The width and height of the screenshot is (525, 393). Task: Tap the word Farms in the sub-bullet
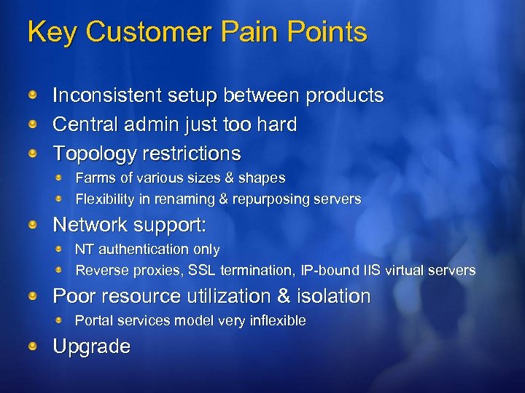coord(93,178)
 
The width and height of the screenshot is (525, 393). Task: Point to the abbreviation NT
coord(84,249)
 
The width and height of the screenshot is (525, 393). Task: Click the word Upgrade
coord(91,347)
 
